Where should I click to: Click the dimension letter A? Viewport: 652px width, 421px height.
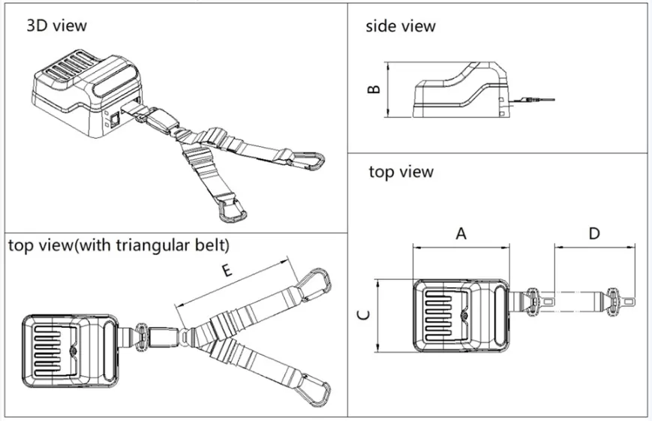coord(461,233)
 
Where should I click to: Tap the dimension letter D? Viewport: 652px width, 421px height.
coord(593,233)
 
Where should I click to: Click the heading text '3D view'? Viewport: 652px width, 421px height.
coord(57,26)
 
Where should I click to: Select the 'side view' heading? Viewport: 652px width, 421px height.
coord(400,26)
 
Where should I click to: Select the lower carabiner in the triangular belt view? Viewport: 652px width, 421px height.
coord(314,392)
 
